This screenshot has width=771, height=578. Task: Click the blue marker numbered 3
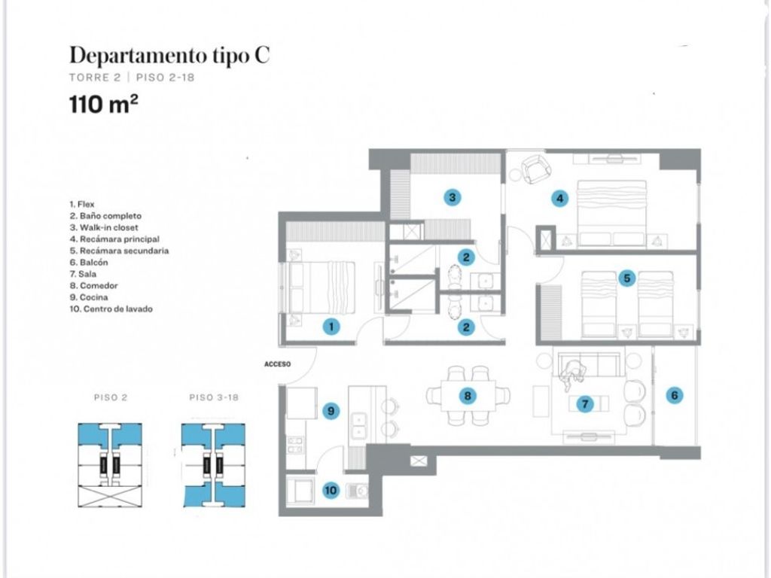(453, 198)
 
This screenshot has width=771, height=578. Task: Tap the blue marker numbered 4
(559, 199)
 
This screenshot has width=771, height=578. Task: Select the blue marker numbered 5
(627, 278)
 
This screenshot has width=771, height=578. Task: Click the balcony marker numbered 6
(675, 395)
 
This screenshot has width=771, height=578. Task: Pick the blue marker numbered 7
(585, 404)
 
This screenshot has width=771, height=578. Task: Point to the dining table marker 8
(467, 396)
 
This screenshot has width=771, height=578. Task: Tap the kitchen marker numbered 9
(331, 410)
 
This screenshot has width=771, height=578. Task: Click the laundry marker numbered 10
(331, 490)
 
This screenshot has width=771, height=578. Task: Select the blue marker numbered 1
(331, 327)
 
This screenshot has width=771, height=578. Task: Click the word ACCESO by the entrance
(277, 364)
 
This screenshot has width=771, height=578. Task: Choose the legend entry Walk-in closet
(104, 227)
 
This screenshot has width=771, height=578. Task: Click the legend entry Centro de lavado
(111, 309)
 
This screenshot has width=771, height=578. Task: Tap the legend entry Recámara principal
(114, 239)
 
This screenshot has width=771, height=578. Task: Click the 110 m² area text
(104, 104)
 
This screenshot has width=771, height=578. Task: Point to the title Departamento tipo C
(169, 55)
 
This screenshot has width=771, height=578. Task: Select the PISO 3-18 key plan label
(214, 397)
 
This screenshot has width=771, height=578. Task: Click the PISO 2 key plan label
(111, 397)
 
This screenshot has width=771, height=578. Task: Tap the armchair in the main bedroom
(536, 169)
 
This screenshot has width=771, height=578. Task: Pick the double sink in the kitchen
(359, 426)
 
